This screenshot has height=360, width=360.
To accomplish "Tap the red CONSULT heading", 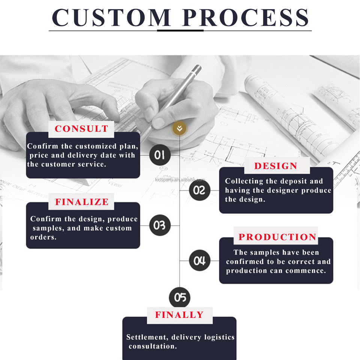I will coord(81,129).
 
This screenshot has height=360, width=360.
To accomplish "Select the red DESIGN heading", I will coord(276,166).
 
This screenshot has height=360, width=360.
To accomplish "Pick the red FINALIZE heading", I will coord(82,202).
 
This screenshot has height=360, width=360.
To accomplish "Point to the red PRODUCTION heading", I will coord(277,237).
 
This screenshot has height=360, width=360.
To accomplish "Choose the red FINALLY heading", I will coord(179,315).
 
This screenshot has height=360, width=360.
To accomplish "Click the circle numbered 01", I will coord(159,155).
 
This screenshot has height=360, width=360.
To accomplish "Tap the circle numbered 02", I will coord(199,190).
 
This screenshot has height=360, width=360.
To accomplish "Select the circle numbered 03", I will coord(159,225).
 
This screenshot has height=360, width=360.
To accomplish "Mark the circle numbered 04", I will coord(199,261).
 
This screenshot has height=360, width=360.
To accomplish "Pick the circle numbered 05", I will coord(180,298).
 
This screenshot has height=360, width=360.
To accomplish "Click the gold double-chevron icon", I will coord(180,129).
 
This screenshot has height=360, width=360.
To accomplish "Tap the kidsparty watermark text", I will coord(180,180).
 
